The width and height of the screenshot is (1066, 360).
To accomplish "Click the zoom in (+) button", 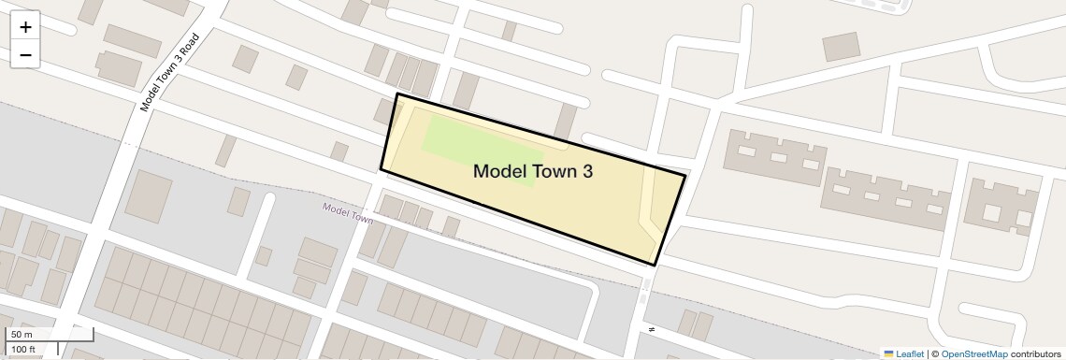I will (x=25, y=27).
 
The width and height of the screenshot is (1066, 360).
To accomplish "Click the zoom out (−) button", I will (x=25, y=55).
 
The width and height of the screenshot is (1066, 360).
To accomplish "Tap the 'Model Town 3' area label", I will (x=532, y=171).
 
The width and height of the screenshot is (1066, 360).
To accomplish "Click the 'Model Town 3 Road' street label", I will (x=170, y=73).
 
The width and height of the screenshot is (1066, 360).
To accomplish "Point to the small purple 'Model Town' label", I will (x=347, y=213).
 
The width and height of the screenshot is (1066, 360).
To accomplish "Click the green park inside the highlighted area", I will (x=481, y=150).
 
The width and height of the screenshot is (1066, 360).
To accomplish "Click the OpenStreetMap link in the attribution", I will (x=973, y=353).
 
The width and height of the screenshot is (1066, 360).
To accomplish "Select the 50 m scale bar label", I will (x=22, y=335).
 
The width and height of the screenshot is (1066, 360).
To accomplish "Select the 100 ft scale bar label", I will (x=24, y=350).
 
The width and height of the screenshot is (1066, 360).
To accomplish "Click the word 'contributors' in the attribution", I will (x=1035, y=353).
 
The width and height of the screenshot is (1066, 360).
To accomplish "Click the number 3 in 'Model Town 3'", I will (x=585, y=171).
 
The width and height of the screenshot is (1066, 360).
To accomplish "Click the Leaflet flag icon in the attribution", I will (x=888, y=353).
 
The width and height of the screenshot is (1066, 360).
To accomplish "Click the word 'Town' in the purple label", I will (x=362, y=218).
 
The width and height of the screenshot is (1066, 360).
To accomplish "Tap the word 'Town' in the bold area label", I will (x=551, y=171).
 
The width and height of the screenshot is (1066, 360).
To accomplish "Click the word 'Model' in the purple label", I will (x=336, y=209).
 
